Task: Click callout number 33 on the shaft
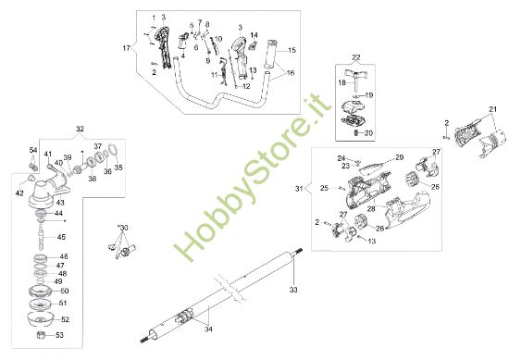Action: point(294,291)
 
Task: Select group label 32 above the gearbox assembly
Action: point(80,129)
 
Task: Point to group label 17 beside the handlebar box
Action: point(127,46)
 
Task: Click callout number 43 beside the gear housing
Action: point(61,202)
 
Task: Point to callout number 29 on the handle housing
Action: point(400,158)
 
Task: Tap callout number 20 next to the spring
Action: point(369,133)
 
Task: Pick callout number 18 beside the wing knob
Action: point(342,83)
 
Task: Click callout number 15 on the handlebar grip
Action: point(292,49)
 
